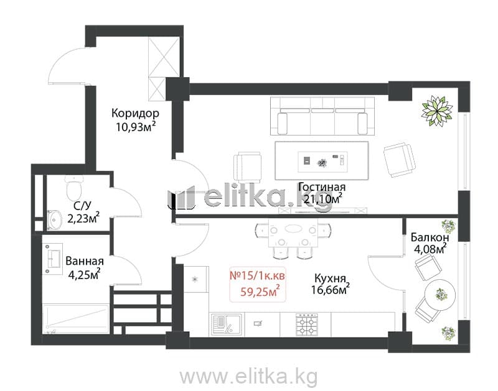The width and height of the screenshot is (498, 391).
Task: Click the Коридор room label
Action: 135,113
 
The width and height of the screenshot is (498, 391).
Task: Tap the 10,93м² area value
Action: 136,127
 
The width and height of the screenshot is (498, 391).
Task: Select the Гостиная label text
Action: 322,186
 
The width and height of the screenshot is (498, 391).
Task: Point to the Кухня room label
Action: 330,278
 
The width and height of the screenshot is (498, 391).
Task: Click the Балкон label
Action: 430,237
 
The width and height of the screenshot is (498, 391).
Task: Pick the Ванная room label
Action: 85,261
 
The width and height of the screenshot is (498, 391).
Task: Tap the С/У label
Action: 82,206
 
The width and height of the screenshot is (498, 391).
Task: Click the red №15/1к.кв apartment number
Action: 257,275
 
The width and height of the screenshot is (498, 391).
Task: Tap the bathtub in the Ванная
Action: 75,319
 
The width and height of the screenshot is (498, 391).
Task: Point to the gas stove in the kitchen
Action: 307,324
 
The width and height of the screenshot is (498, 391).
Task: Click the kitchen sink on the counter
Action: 227,324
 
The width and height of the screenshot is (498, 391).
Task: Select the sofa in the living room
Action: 322,116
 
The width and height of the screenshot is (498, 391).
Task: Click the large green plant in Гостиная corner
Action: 437,111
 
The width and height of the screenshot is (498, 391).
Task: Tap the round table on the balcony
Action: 440,295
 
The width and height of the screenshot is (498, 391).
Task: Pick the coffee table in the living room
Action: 322,161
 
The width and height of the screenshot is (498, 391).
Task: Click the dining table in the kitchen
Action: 293,232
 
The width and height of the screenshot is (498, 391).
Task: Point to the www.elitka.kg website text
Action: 248,377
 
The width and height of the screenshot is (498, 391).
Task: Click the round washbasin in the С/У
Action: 55,219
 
